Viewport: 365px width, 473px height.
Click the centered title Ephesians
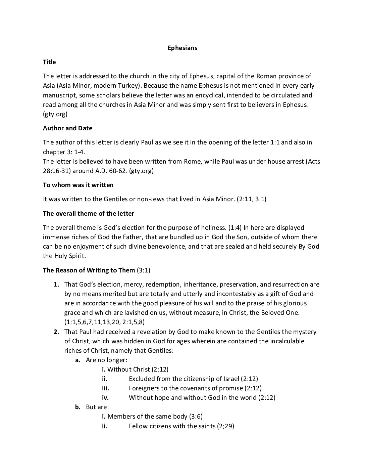point(182,48)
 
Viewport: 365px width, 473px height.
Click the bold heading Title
point(49,62)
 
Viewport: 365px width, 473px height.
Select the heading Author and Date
point(67,128)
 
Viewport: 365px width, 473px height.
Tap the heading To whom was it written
point(78,185)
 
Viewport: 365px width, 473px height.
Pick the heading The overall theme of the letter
point(89,213)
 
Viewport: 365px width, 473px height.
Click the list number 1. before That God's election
point(57,284)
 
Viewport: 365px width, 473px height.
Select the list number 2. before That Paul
point(57,332)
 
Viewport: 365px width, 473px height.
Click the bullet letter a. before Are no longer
point(78,360)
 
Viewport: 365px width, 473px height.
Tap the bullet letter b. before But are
point(78,407)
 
